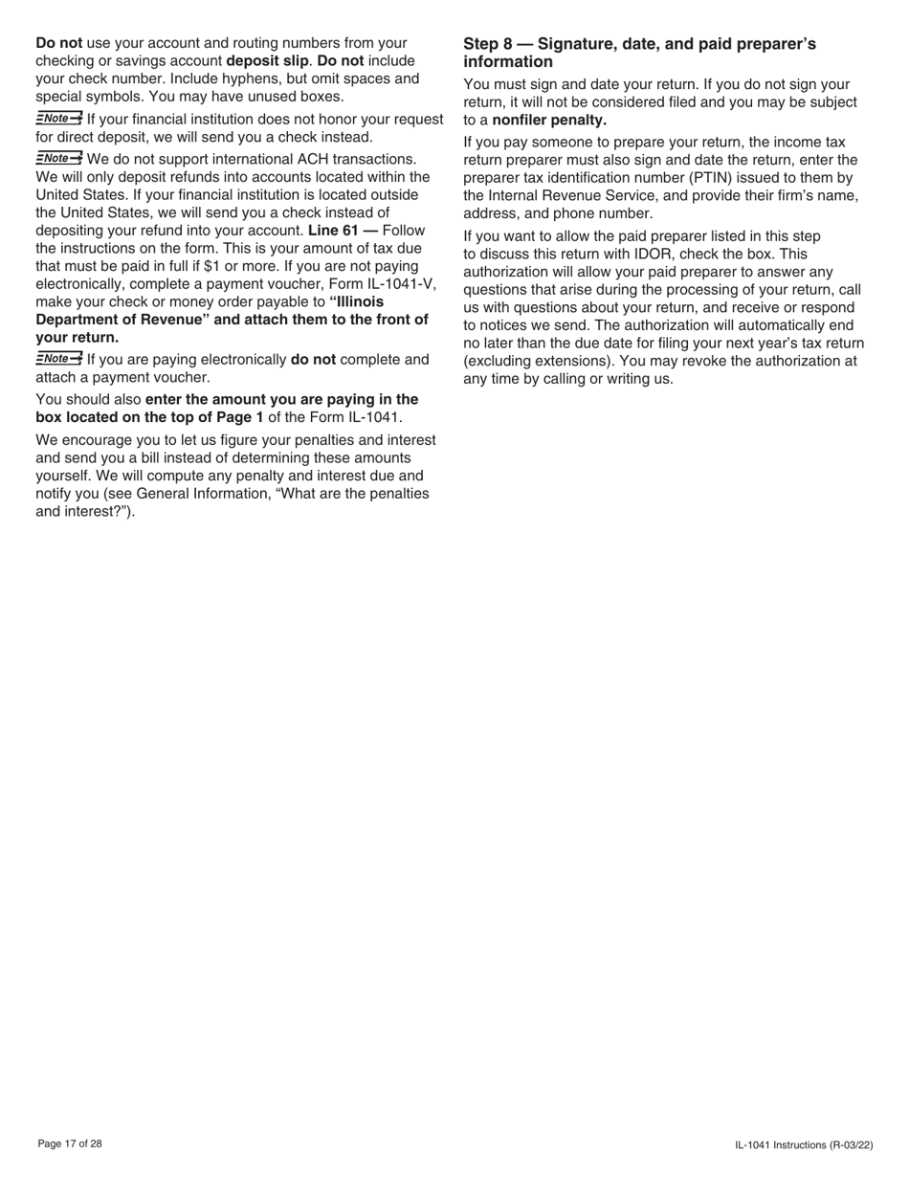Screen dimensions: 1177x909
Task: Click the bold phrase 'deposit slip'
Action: [x=267, y=61]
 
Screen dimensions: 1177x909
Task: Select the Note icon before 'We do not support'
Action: [x=58, y=158]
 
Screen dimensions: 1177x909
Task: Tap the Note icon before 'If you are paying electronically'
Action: [x=58, y=359]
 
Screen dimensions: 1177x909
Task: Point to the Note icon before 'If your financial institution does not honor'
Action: [x=58, y=118]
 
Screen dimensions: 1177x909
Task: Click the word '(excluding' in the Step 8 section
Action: [x=499, y=361]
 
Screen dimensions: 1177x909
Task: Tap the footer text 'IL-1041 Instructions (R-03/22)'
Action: [x=804, y=1144]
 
